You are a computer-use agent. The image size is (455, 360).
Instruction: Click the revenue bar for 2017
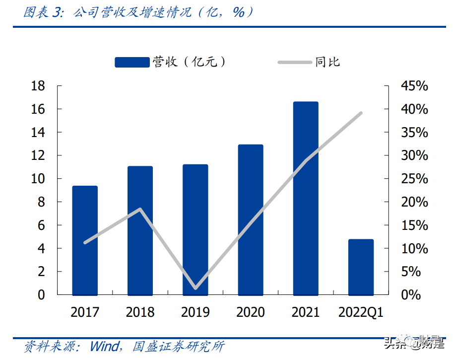[85, 240]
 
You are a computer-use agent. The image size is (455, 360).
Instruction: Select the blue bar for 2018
[140, 230]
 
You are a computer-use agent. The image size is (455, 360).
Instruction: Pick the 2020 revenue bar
[251, 219]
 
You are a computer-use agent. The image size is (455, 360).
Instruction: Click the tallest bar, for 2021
[306, 198]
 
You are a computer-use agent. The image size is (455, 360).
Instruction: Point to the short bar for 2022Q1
[361, 267]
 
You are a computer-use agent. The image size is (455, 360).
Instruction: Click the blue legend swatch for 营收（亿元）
[132, 62]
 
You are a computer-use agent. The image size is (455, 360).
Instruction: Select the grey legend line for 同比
[295, 62]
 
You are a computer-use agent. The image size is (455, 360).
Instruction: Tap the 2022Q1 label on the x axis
[361, 312]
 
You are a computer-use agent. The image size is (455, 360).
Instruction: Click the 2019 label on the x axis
[195, 312]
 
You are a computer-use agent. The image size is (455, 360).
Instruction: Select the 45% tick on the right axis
[414, 86]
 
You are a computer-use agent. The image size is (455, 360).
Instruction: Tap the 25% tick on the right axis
[414, 179]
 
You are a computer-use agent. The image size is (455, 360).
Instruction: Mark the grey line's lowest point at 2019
[195, 288]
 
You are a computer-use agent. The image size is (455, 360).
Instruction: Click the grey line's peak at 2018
[140, 209]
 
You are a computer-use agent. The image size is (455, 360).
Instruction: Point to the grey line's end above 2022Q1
[361, 113]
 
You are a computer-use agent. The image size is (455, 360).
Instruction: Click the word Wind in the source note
[104, 346]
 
